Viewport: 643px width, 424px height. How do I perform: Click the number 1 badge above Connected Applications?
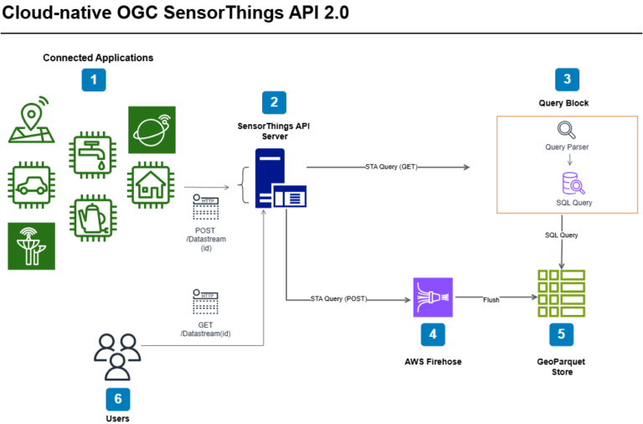point(94,80)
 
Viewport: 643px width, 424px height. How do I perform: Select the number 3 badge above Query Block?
point(567,80)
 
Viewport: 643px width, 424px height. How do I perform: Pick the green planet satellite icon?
point(152,129)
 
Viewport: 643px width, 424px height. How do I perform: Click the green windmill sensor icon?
point(31,246)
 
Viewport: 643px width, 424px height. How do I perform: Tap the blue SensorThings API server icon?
point(276,179)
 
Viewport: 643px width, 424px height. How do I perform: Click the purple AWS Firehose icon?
point(432,297)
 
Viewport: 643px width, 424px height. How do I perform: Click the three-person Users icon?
point(117,354)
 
